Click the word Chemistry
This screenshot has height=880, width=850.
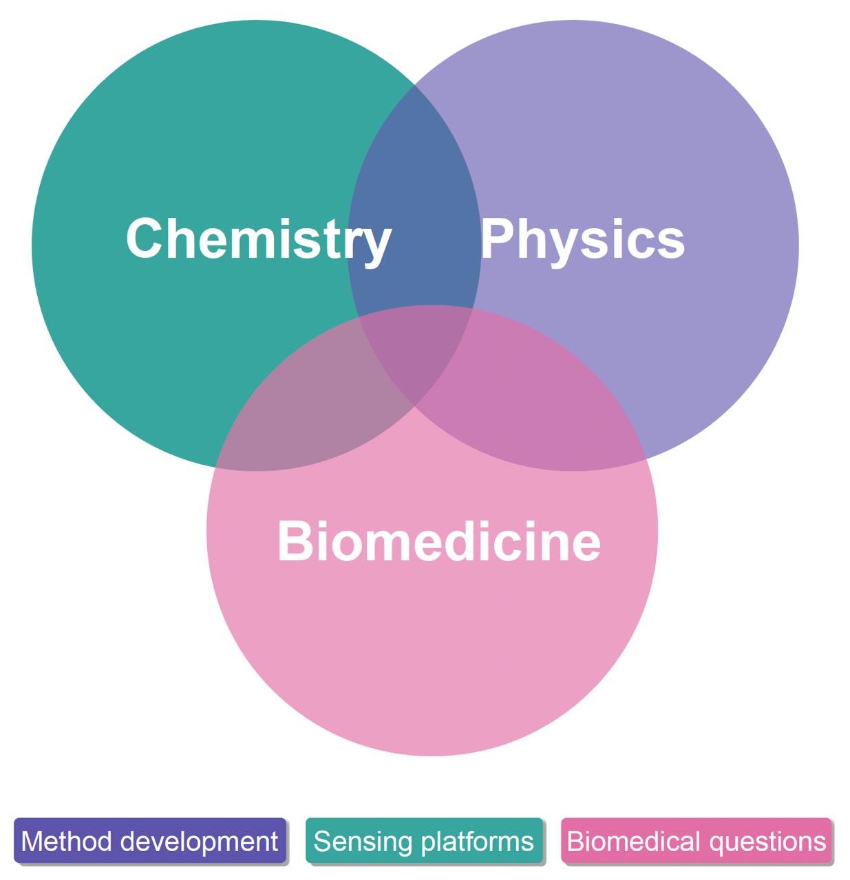point(258,239)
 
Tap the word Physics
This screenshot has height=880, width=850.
point(582,239)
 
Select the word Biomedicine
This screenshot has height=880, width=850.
point(438,541)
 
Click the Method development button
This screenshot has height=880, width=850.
point(150,841)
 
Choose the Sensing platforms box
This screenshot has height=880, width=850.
point(424,841)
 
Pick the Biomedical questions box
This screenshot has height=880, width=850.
point(696,841)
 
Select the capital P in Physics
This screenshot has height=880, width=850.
point(497,239)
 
